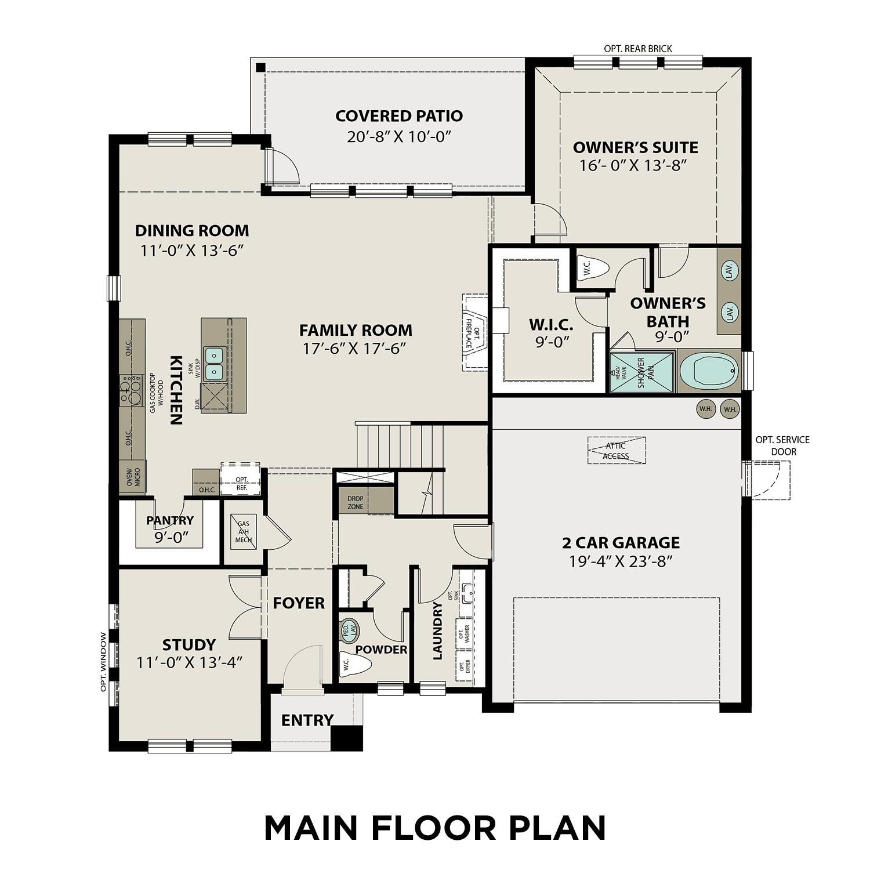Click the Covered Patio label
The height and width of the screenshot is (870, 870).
(399, 116)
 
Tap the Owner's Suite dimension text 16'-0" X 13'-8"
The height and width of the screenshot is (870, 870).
(633, 166)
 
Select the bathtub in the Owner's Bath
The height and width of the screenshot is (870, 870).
(709, 371)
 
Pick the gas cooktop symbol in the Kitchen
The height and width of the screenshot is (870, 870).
(131, 390)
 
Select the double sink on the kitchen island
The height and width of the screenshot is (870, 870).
(215, 363)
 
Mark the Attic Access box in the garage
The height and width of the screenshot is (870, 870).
(616, 451)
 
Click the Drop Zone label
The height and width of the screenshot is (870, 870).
(356, 502)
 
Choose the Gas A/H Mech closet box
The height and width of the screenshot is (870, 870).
(243, 531)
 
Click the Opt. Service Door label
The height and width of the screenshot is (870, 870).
(782, 445)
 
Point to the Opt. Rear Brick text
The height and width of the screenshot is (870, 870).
(638, 49)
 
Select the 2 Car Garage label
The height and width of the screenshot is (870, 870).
(621, 543)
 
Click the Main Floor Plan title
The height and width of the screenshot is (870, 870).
(435, 828)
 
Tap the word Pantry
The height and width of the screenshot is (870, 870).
(170, 520)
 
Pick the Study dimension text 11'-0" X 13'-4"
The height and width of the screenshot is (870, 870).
(189, 662)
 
